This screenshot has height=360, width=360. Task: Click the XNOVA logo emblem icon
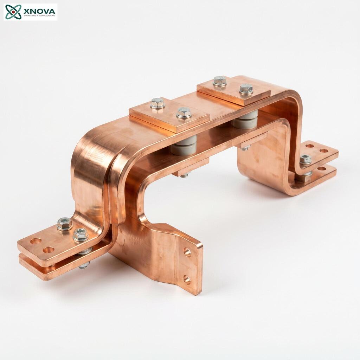pos(13,12)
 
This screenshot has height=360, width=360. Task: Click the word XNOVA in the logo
pos(39,11)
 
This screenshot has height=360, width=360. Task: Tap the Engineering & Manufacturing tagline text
pos(39,16)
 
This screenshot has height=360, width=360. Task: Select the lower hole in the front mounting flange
pos(187,279)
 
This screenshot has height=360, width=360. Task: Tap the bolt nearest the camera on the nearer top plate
pos(184,113)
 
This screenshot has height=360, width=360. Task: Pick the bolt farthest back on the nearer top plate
pos(158,103)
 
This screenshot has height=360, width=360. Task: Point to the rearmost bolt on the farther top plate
pos(220,81)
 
